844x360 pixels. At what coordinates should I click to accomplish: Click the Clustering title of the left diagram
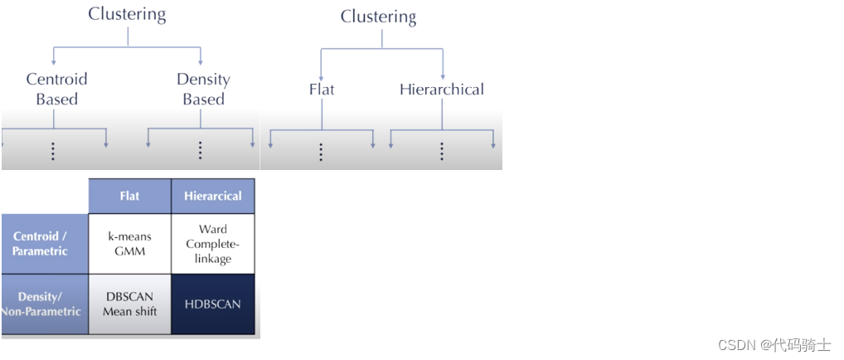pyautogui.click(x=127, y=14)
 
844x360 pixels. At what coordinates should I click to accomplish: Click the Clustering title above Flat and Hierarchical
pyautogui.click(x=378, y=17)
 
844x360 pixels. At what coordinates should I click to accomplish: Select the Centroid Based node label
pyautogui.click(x=56, y=89)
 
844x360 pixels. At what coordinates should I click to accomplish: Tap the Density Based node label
pyautogui.click(x=203, y=89)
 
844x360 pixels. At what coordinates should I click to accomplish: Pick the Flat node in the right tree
pyautogui.click(x=321, y=89)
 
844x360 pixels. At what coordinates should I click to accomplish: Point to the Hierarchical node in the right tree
pyautogui.click(x=441, y=89)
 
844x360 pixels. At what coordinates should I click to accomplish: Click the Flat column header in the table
pyautogui.click(x=129, y=197)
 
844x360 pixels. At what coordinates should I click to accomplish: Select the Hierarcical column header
pyautogui.click(x=212, y=197)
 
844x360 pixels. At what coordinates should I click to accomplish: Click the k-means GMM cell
pyautogui.click(x=129, y=244)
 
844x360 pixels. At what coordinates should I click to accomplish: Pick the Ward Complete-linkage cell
pyautogui.click(x=212, y=244)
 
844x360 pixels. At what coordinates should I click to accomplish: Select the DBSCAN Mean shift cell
pyautogui.click(x=129, y=304)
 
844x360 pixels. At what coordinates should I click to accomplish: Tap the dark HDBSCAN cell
pyautogui.click(x=212, y=304)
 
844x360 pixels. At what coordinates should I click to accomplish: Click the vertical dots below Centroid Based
pyautogui.click(x=53, y=151)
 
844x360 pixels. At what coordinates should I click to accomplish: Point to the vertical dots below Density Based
pyautogui.click(x=201, y=151)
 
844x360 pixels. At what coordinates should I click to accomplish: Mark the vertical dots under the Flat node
pyautogui.click(x=321, y=152)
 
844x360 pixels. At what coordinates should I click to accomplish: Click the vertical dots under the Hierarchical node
pyautogui.click(x=442, y=152)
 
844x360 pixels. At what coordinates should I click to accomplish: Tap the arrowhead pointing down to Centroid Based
pyautogui.click(x=53, y=61)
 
